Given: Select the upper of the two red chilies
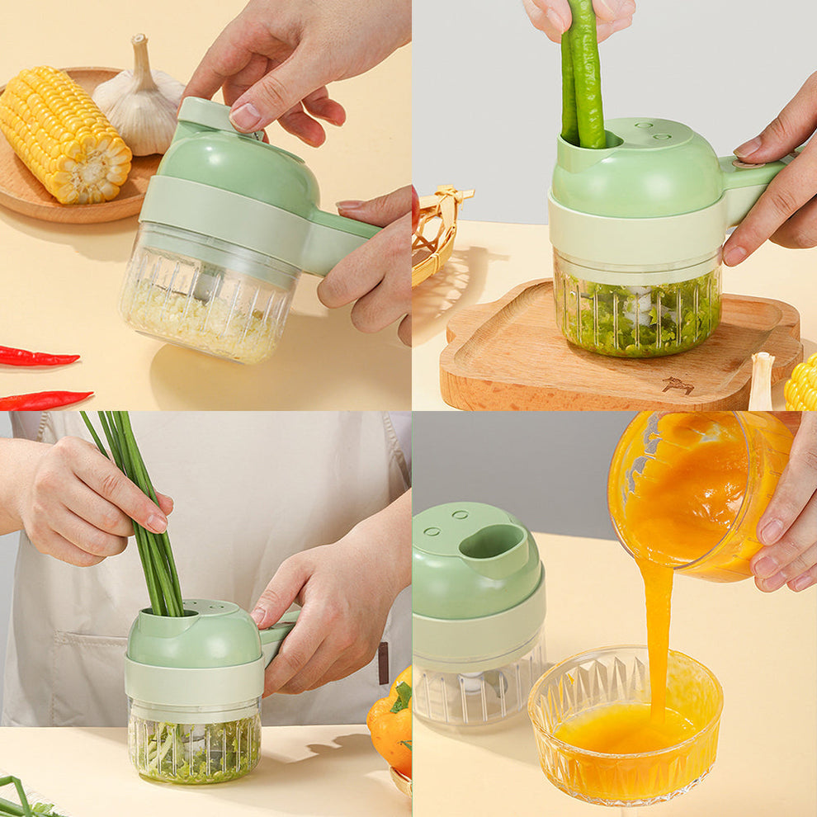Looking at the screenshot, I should pyautogui.click(x=37, y=357).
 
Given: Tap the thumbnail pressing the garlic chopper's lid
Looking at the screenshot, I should pyautogui.click(x=245, y=116).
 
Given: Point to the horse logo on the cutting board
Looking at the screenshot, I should pyautogui.click(x=678, y=385).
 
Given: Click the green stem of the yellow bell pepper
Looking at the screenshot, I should pyautogui.click(x=401, y=697).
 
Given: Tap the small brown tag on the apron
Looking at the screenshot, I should pyautogui.click(x=383, y=664).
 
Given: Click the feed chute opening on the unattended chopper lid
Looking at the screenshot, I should pyautogui.click(x=494, y=543).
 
